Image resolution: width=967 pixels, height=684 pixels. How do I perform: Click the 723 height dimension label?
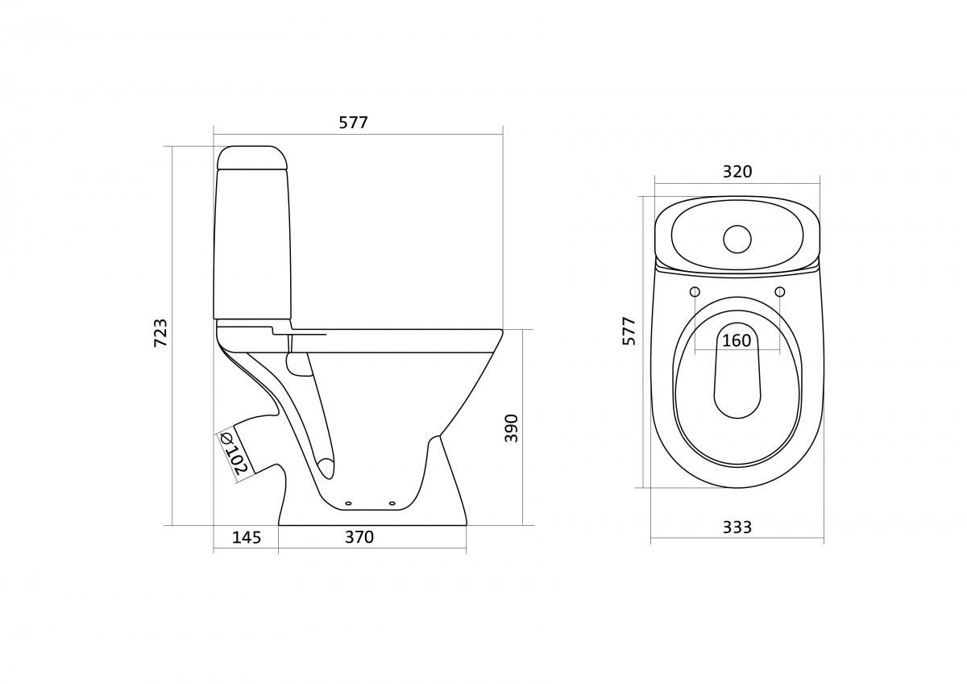pos(161,334)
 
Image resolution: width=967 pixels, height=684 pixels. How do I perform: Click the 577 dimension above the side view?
pos(353,123)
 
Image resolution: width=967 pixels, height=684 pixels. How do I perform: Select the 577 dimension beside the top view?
pos(629,331)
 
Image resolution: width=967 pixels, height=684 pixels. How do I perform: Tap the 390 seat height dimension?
pos(511,427)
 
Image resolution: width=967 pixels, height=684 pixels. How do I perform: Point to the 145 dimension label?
pos(246,537)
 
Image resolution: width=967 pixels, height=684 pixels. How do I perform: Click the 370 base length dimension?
pos(359,537)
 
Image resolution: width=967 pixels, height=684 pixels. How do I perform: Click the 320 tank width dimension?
pos(737,172)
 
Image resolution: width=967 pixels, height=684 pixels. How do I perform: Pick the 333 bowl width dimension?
pos(737,527)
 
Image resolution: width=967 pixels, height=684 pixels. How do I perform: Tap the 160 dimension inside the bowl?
pos(736,340)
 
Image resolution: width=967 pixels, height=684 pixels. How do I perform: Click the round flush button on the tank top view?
pos(737,238)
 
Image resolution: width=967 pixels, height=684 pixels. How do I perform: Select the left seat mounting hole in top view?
pos(695,291)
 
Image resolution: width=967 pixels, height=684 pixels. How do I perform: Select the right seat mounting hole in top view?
pos(779,291)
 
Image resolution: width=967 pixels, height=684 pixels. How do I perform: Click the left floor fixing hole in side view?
pos(348,503)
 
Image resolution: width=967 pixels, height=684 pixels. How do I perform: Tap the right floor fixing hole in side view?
pos(392,503)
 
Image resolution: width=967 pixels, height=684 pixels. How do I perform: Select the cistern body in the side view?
pos(250,242)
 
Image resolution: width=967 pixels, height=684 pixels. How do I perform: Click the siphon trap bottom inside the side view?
pos(325,466)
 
